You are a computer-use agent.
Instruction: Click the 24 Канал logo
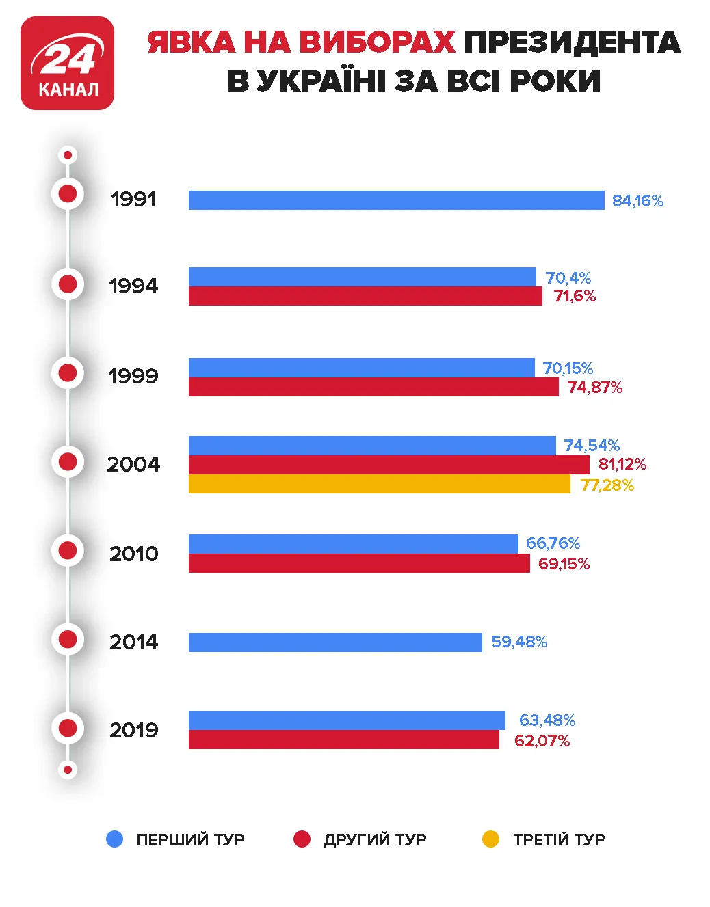click(67, 64)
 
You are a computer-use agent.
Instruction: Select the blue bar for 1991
click(396, 200)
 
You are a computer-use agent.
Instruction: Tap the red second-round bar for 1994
click(365, 296)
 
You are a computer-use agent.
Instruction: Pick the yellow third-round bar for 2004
click(379, 485)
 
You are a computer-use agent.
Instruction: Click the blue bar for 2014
click(335, 642)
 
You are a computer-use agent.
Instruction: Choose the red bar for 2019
click(343, 740)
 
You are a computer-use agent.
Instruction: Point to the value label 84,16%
click(637, 201)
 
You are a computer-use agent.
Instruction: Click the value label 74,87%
click(594, 388)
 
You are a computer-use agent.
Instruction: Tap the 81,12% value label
click(622, 465)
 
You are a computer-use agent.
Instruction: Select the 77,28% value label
click(607, 485)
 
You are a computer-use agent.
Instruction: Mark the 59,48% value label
click(519, 642)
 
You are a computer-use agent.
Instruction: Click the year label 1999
click(133, 376)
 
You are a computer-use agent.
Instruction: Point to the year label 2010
click(134, 554)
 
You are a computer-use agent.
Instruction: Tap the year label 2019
click(134, 730)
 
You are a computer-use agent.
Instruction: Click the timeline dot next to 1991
click(68, 194)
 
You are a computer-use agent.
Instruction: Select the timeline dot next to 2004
click(68, 462)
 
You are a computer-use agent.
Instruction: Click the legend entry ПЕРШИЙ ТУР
click(189, 839)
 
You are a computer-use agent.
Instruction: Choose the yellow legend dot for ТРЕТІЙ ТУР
click(490, 839)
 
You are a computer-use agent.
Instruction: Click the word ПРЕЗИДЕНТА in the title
click(572, 42)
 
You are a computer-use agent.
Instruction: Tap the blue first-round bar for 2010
click(353, 544)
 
